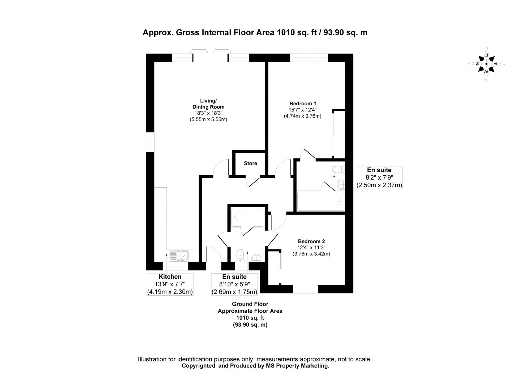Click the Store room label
click(x=250, y=163)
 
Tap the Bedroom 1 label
click(x=303, y=104)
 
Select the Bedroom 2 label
click(x=311, y=242)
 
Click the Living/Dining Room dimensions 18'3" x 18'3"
click(x=208, y=113)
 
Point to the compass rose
click(x=486, y=64)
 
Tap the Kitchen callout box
click(x=170, y=284)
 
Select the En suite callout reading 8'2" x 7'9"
click(x=379, y=178)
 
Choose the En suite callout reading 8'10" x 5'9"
click(x=234, y=284)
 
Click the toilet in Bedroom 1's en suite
click(x=338, y=169)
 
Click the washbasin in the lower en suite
click(x=256, y=257)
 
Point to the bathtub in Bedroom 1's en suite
click(x=320, y=201)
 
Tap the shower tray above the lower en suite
click(x=248, y=217)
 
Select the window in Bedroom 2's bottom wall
click(x=305, y=289)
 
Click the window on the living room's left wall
click(x=150, y=142)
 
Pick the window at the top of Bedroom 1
click(x=309, y=58)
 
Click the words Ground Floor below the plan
click(x=250, y=304)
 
